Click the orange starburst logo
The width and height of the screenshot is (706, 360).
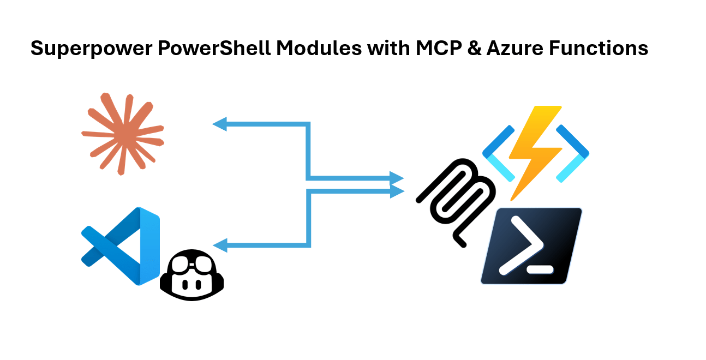pos(122,134)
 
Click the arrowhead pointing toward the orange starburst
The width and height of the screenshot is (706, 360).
pos(219,124)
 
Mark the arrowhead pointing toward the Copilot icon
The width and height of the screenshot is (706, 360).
pos(219,245)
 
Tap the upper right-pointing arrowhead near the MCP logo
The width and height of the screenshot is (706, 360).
pos(397,178)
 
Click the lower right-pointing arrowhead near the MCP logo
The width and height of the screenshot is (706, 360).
pos(397,190)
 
